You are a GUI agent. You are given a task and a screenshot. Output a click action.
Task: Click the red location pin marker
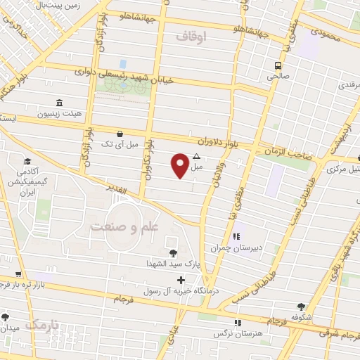click(181, 165)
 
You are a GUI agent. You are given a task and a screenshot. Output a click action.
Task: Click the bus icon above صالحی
click(278, 66)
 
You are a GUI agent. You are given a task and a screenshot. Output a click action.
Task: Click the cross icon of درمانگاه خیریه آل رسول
click(181, 281)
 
